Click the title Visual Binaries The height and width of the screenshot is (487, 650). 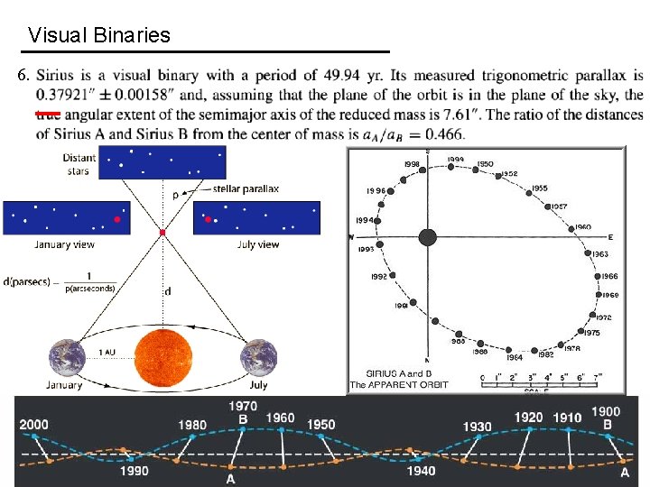click(99, 36)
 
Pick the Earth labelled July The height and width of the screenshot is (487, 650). click(258, 359)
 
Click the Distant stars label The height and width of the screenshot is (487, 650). click(79, 163)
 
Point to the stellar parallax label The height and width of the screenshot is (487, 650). click(246, 189)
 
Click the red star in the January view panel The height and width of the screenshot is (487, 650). click(116, 219)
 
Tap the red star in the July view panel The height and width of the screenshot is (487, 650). click(209, 219)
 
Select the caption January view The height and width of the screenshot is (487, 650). click(64, 244)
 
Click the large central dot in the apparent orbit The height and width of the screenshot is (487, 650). click(428, 237)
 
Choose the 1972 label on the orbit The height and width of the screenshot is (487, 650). click(604, 317)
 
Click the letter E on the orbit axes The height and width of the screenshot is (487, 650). click(610, 237)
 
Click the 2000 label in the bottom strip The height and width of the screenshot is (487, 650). click(34, 425)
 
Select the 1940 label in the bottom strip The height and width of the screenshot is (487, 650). click(421, 471)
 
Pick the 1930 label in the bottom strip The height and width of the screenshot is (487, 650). click(477, 426)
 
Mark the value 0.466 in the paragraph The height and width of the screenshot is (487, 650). click(441, 134)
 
